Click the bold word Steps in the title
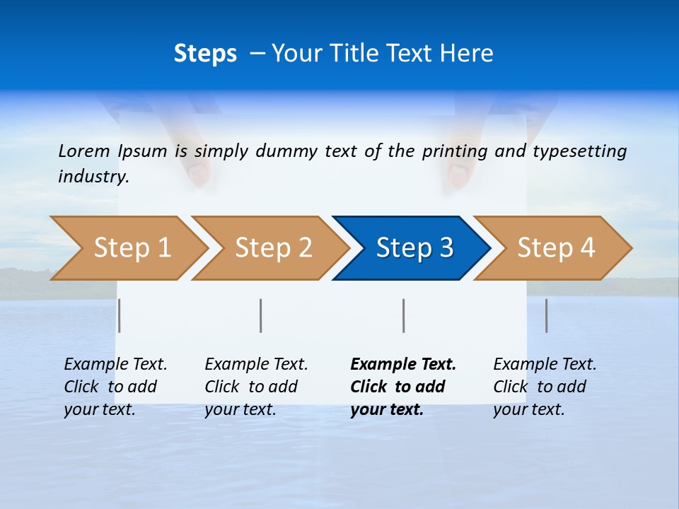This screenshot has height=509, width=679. (x=205, y=54)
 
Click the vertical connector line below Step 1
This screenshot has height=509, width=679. (x=120, y=315)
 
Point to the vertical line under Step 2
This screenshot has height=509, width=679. (x=261, y=315)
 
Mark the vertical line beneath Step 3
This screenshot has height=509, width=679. (x=404, y=315)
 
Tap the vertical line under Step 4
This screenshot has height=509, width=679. (x=547, y=315)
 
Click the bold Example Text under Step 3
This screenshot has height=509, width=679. (x=403, y=365)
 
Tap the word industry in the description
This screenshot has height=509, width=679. (x=93, y=177)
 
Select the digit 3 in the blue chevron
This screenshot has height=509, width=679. (x=446, y=248)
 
